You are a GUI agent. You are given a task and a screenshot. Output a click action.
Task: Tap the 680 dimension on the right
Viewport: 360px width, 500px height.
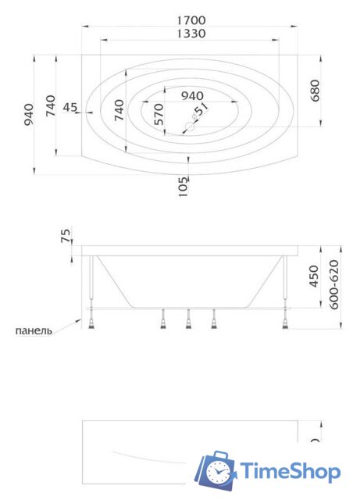[315, 91]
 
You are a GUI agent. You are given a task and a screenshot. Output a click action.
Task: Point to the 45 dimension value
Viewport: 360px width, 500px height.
[70, 108]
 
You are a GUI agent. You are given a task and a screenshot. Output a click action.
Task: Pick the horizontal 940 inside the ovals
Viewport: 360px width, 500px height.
[192, 95]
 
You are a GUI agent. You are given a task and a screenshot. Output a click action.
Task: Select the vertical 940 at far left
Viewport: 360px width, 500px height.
[29, 115]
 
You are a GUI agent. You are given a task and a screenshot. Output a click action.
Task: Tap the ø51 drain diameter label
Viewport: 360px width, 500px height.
[201, 112]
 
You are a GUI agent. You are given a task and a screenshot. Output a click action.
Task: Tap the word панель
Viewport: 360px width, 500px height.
[34, 330]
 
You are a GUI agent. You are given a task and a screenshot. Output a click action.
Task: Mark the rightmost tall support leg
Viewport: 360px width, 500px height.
[286, 285]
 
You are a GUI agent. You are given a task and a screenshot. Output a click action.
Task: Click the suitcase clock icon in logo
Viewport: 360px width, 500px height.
[215, 471]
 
